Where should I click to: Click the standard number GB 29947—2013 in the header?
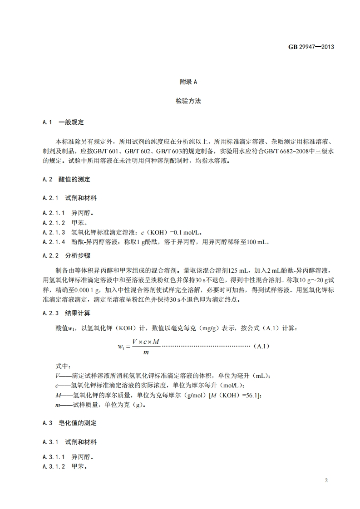(x=311, y=46)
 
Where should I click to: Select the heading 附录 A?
(x=188, y=82)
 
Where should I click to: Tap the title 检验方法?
(x=188, y=101)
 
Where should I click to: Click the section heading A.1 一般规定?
(x=63, y=122)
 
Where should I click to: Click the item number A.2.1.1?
(x=54, y=212)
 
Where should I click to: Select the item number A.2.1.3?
(x=54, y=232)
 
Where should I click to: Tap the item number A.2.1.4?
(x=54, y=242)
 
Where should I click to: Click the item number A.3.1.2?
(x=54, y=466)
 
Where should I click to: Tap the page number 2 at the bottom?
(x=326, y=480)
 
